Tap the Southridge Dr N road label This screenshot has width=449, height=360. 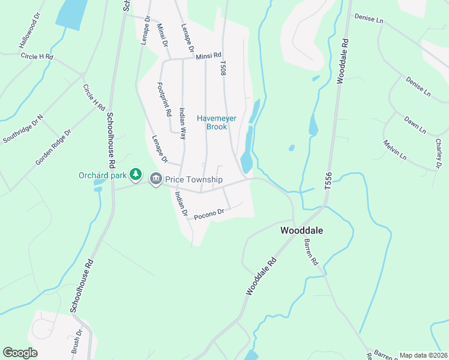[x=23, y=129]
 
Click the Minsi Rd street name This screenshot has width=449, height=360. [x=208, y=56]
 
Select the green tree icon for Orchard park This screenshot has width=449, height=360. [x=136, y=175]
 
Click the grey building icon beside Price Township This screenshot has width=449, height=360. [x=156, y=178]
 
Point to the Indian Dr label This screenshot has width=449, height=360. [x=181, y=203]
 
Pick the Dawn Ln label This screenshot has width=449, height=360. [x=415, y=125]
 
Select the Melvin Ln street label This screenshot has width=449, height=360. [x=394, y=150]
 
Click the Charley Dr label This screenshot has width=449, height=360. [x=438, y=152]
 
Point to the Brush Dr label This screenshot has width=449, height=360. [x=76, y=344]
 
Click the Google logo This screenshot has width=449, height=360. [x=20, y=353]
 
